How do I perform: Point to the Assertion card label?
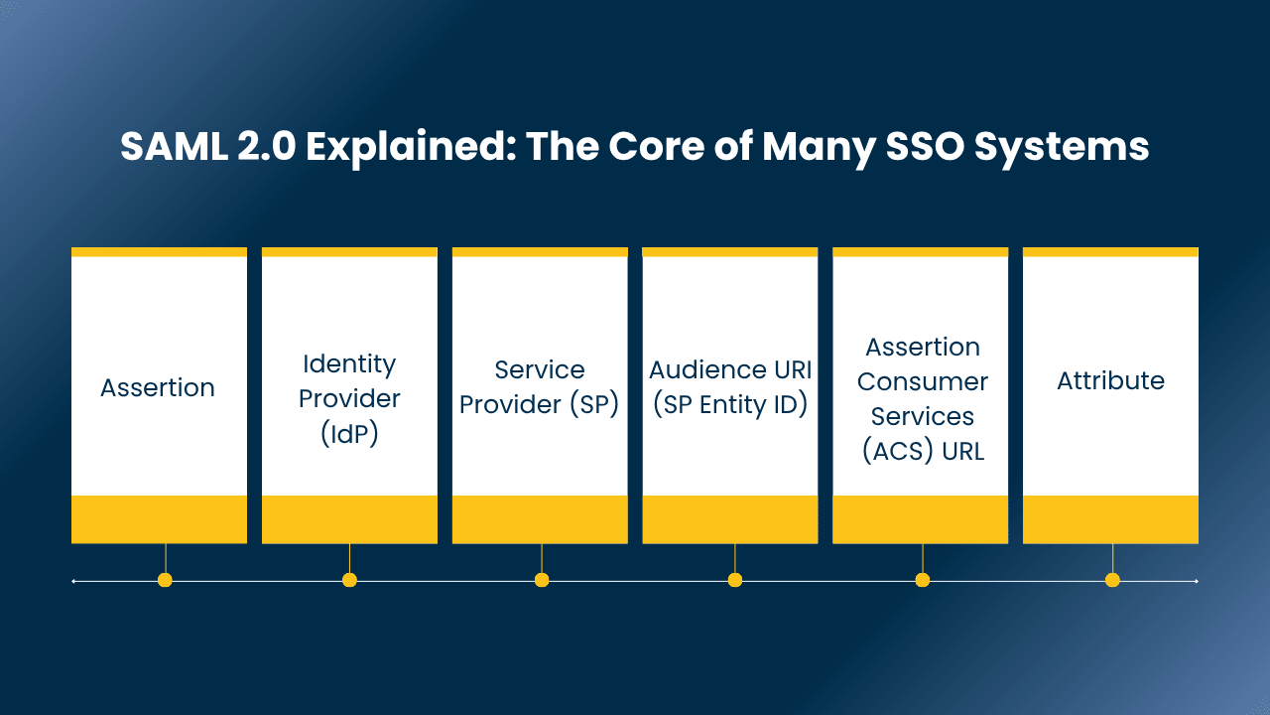(158, 387)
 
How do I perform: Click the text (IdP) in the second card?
(349, 433)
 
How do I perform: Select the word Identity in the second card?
(349, 363)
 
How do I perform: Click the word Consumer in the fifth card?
(923, 381)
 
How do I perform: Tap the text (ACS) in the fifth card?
(896, 451)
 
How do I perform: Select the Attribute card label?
(1110, 380)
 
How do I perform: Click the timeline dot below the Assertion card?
(165, 580)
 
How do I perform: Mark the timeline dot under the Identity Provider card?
(349, 580)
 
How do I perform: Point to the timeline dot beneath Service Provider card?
(542, 580)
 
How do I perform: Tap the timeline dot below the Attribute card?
(1112, 580)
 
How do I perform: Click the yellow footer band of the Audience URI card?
(730, 519)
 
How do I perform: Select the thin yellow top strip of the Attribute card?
(1110, 252)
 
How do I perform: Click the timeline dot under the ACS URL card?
(923, 580)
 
